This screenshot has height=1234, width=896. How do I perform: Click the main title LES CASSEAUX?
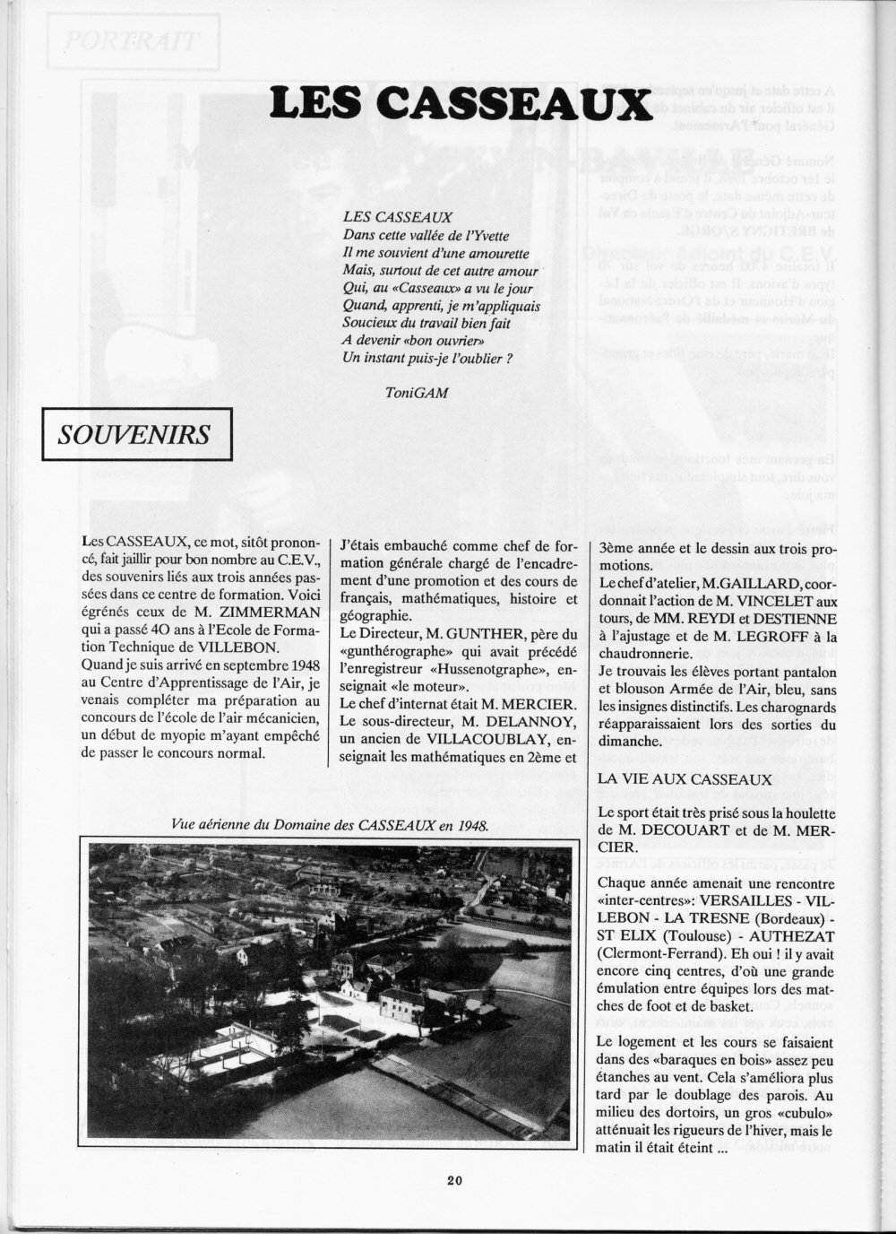point(461,103)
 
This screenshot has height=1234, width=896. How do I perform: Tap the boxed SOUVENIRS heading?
point(134,435)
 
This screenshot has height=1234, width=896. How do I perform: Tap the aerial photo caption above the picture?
point(328,826)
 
